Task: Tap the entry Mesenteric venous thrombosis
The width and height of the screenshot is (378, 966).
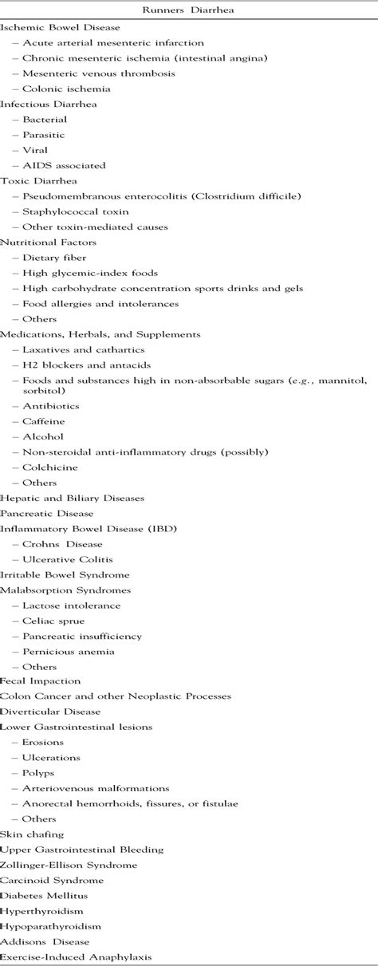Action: [x=87, y=73]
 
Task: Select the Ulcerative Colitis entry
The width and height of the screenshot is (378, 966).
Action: [x=68, y=559]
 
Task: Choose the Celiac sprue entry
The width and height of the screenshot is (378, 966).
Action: [x=53, y=621]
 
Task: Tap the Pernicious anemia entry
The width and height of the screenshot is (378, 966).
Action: [x=69, y=651]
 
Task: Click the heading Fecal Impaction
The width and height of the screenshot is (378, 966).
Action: [x=40, y=681]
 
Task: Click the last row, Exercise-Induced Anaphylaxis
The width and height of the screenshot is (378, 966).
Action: [x=76, y=956]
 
